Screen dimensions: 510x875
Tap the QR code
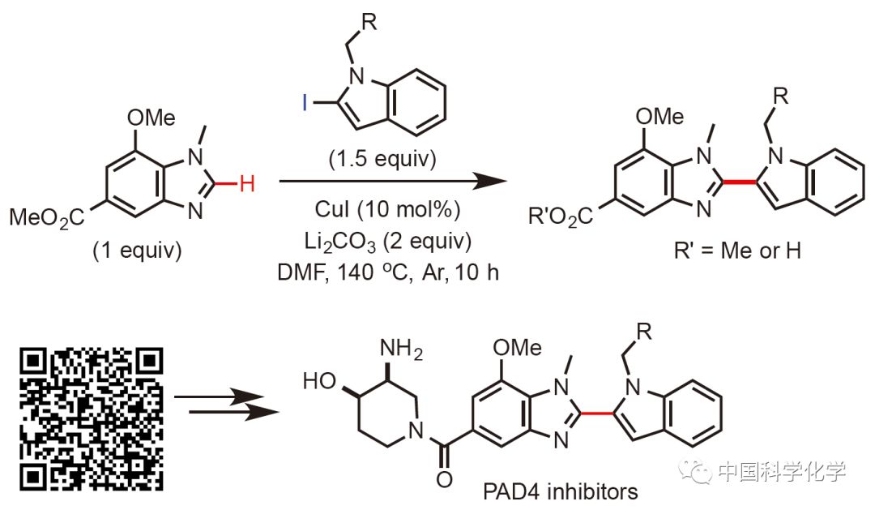92,419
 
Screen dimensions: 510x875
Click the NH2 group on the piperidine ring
402,349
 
